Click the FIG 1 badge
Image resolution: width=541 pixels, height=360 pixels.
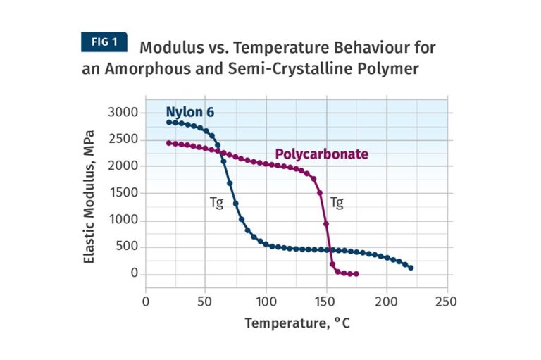tap(104, 42)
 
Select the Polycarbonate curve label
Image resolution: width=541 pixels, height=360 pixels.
tap(321, 154)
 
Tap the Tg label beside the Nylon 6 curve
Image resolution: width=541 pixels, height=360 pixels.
tap(216, 203)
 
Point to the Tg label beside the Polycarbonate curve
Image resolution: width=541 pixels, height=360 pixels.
tap(337, 203)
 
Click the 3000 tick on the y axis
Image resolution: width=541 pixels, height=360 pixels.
tap(123, 112)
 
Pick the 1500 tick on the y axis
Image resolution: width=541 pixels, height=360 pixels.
tap(123, 193)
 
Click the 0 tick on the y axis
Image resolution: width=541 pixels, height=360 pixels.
tap(133, 274)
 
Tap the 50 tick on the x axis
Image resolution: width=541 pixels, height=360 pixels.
tap(206, 302)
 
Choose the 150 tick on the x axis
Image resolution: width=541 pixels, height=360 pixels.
tap(326, 302)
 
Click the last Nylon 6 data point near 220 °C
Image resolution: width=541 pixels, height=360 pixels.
tap(411, 268)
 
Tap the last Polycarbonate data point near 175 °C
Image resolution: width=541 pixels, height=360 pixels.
tap(356, 274)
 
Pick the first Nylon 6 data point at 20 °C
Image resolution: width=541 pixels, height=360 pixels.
tap(169, 122)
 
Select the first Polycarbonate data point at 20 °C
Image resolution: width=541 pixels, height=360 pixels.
tap(169, 143)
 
